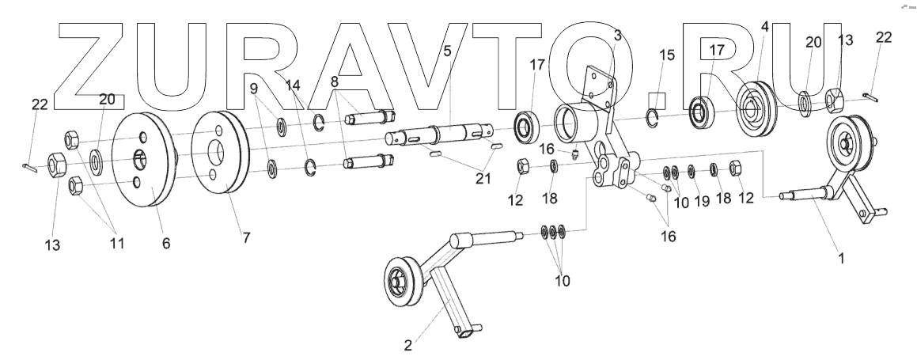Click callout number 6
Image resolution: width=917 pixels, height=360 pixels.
[165, 243]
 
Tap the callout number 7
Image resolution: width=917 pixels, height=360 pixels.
[246, 237]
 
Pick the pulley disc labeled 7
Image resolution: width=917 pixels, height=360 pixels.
[219, 154]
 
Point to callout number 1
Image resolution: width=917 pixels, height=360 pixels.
[840, 257]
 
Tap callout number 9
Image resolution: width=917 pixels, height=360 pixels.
[255, 88]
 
